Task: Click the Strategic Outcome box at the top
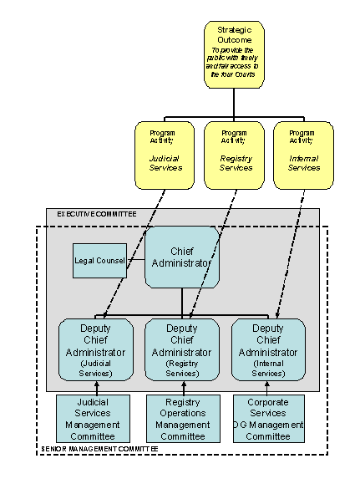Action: (234, 54)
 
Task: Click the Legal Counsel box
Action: (99, 261)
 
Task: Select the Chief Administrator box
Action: (182, 258)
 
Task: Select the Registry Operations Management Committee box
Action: (182, 419)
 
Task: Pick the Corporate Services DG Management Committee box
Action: (268, 419)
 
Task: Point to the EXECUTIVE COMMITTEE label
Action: (96, 215)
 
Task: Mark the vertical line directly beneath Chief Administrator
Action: (182, 302)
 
